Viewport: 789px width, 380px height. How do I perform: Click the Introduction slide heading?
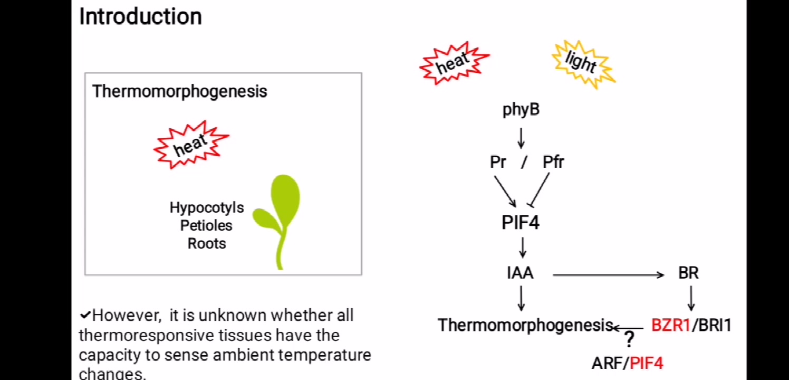(x=140, y=16)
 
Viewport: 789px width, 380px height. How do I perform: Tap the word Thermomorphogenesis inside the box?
(x=179, y=91)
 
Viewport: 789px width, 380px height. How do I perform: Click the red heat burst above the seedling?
(x=191, y=145)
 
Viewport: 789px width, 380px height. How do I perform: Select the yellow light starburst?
(x=582, y=63)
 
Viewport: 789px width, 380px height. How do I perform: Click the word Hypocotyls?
(x=207, y=208)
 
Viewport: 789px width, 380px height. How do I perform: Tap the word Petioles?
(x=206, y=225)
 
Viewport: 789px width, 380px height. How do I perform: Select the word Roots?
(x=207, y=243)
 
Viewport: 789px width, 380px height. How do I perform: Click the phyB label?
(x=521, y=110)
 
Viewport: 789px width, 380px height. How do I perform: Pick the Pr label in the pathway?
(x=498, y=162)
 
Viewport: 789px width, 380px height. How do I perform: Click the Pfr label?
(x=553, y=162)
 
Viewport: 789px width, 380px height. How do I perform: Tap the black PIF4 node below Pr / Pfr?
(x=521, y=223)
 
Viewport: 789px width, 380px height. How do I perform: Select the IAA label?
(x=520, y=273)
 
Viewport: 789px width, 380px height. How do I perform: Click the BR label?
(x=688, y=273)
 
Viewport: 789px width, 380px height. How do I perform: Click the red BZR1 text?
(x=670, y=325)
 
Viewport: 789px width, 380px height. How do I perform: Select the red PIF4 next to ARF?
(x=647, y=363)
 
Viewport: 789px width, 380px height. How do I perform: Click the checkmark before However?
(x=85, y=316)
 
